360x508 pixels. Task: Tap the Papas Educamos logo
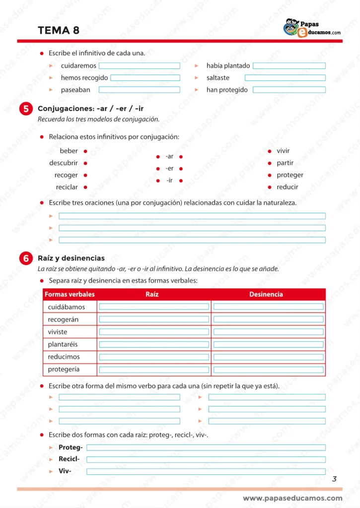click(312, 28)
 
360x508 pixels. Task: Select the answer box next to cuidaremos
click(139, 65)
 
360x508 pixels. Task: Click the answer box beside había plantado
click(289, 65)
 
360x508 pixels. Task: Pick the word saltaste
click(218, 78)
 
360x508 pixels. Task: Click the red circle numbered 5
click(26, 109)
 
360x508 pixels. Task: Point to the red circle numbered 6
click(26, 258)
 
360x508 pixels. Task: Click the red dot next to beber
click(85, 151)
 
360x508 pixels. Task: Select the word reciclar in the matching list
click(67, 187)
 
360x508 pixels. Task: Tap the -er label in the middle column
click(169, 169)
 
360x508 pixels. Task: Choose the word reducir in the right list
click(288, 187)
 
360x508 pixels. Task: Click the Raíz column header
click(152, 295)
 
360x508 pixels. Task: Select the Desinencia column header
click(266, 295)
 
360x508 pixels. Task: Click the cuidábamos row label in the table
click(66, 307)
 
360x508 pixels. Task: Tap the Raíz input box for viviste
click(154, 332)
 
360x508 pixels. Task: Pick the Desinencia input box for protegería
click(268, 370)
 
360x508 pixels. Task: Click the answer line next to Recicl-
click(206, 459)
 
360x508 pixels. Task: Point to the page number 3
click(334, 479)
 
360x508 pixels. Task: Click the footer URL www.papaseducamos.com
click(292, 498)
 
